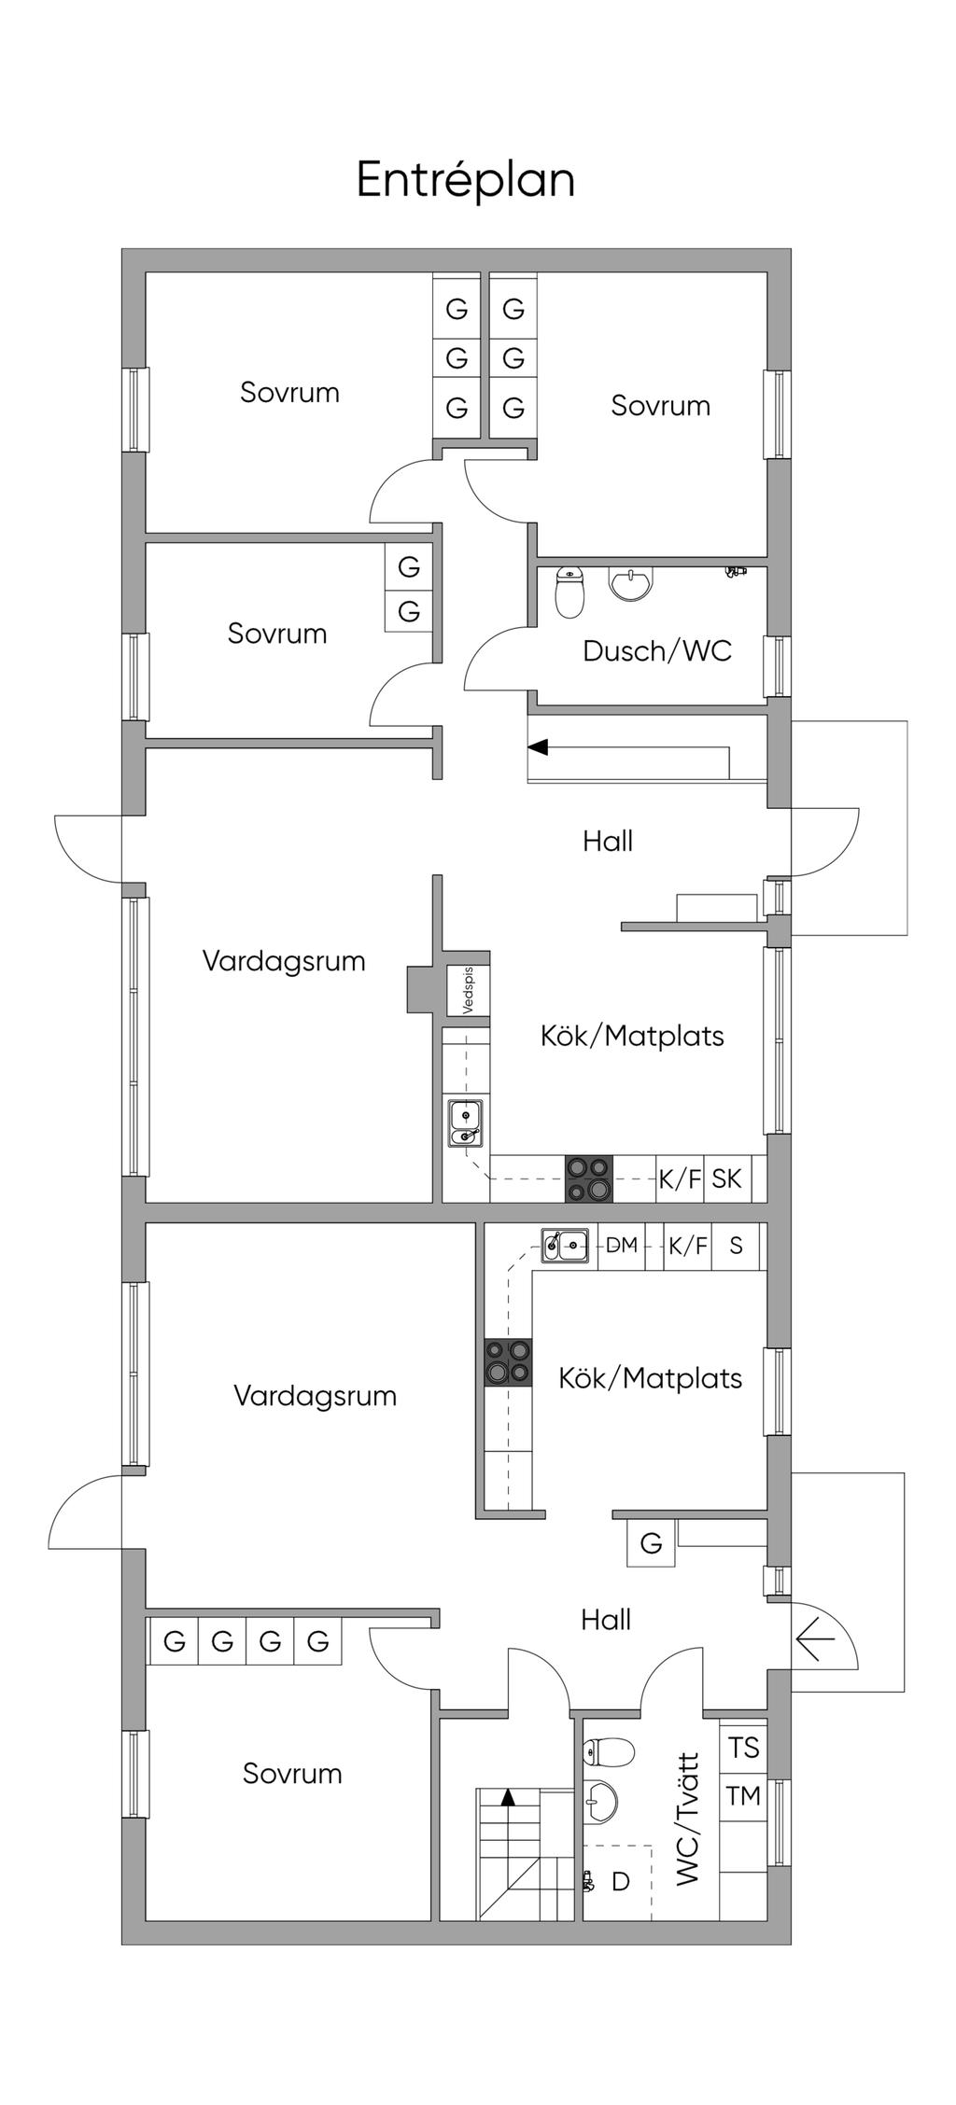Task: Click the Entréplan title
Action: coord(465,180)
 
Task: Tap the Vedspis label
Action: coord(468,990)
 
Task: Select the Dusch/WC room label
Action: coord(656,651)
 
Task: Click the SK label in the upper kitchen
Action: coord(726,1178)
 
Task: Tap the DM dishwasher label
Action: coord(622,1245)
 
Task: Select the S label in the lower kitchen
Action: coord(737,1245)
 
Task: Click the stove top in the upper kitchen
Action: coord(588,1179)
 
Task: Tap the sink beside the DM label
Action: coord(565,1245)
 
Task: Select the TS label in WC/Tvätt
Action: coord(744,1748)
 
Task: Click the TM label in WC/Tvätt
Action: coord(744,1796)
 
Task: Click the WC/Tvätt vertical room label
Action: coord(687,1819)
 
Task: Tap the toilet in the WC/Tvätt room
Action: coord(609,1752)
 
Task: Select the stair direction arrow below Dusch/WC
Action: coord(628,747)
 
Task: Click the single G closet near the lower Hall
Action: coord(651,1543)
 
